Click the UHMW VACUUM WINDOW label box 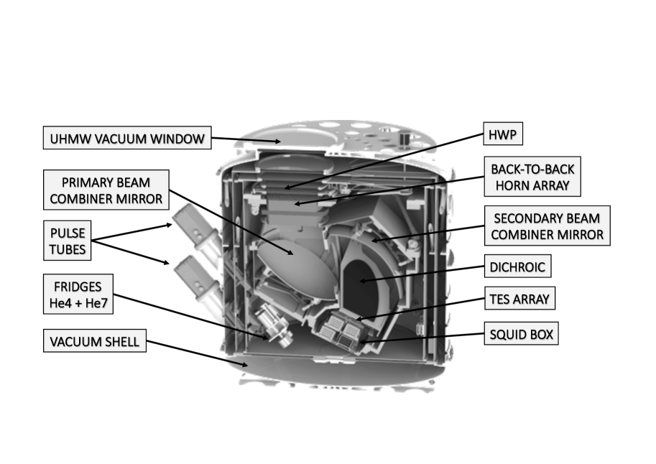127,138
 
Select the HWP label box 503,134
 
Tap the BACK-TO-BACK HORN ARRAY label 532,177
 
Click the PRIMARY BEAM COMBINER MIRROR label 106,190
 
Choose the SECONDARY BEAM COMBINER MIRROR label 548,226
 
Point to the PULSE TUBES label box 68,241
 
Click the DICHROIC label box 517,266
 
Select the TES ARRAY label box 519,298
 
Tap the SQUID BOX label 522,333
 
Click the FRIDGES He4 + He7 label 78,294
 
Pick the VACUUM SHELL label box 95,340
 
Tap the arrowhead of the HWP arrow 287,187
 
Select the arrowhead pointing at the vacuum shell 245,365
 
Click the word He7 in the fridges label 96,302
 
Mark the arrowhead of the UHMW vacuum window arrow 278,141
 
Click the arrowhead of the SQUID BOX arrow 362,342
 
